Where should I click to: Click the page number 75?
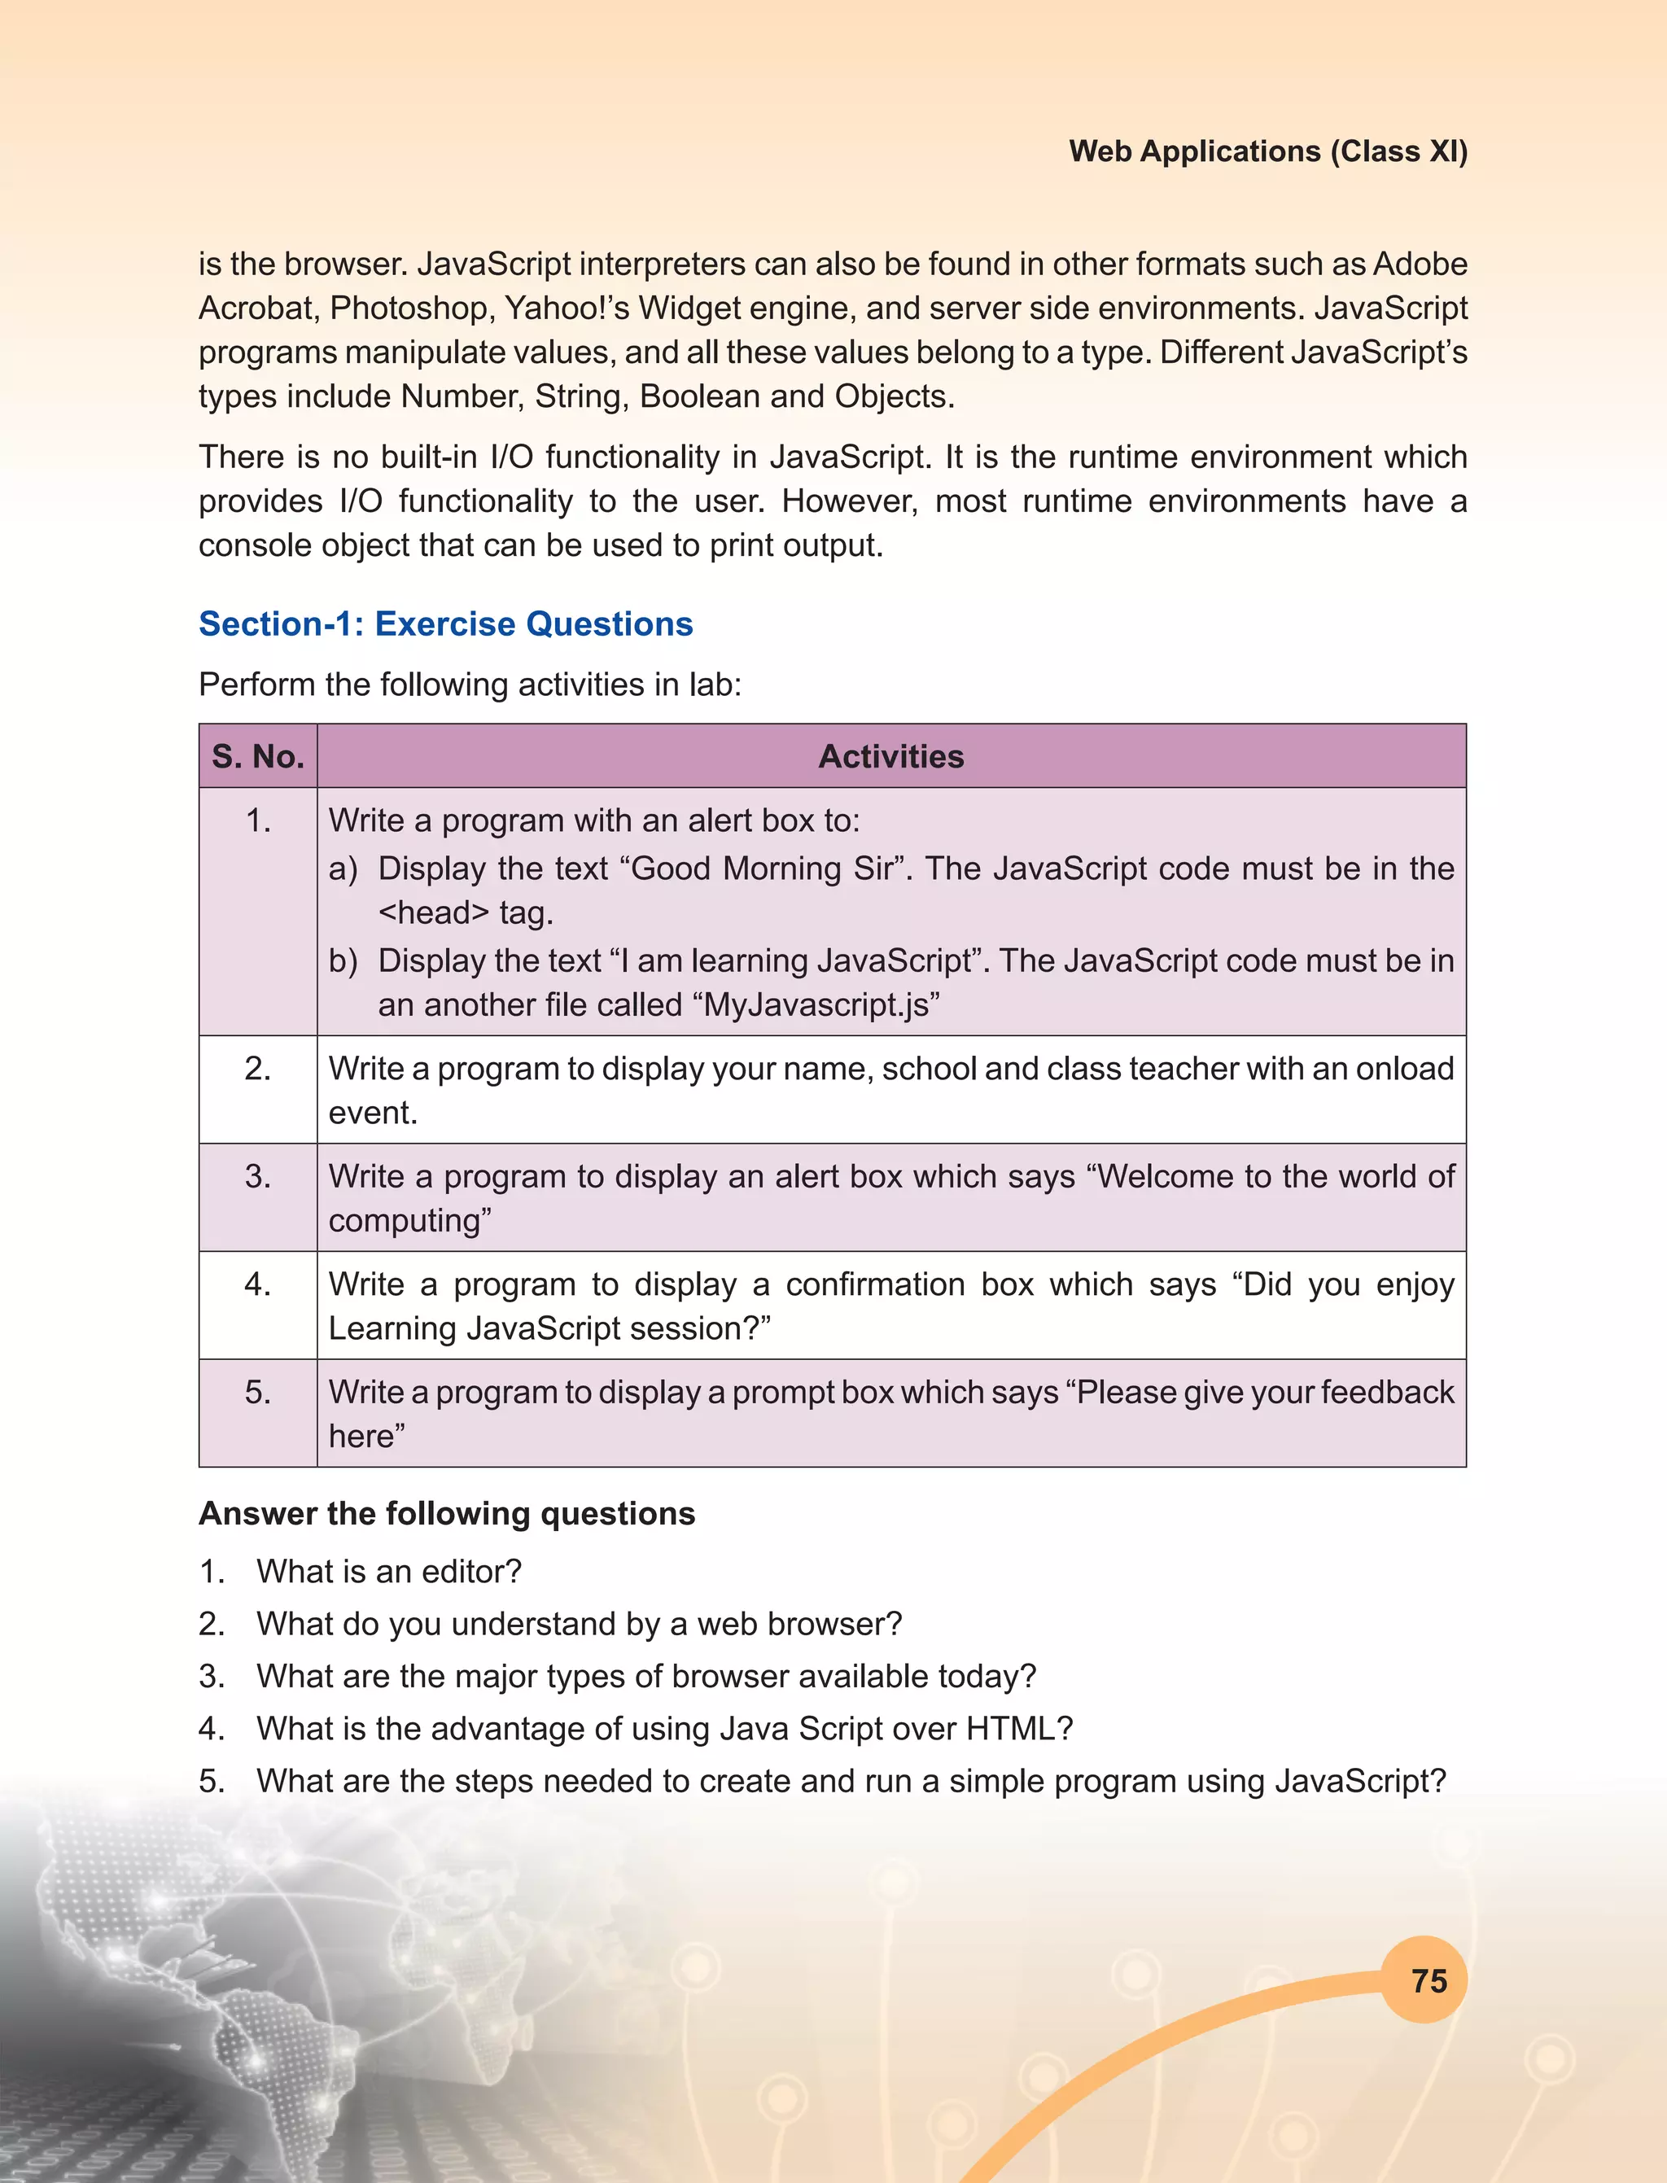pos(1429,1980)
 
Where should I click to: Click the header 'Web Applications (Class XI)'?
pos(1267,151)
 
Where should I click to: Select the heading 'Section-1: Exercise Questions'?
pos(445,623)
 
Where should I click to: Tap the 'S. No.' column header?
pos(258,756)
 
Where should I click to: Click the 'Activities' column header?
pos(890,756)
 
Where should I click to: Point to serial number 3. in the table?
pos(258,1176)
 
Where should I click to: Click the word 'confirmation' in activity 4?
pos(874,1284)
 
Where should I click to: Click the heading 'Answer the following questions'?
pos(447,1513)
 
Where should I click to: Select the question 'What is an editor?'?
pos(389,1572)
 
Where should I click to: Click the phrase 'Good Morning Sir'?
pos(761,868)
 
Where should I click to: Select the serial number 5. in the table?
pos(258,1392)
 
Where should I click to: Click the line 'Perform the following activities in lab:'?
pos(470,685)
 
